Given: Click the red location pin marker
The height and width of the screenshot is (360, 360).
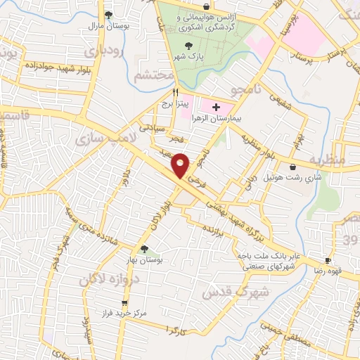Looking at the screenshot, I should click(x=181, y=165).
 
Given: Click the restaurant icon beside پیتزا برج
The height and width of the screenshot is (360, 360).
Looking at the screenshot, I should click(x=176, y=91).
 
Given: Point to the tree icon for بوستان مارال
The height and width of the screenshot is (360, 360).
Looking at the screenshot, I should click(x=108, y=14).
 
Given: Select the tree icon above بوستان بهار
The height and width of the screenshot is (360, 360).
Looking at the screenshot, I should click(x=144, y=248).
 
